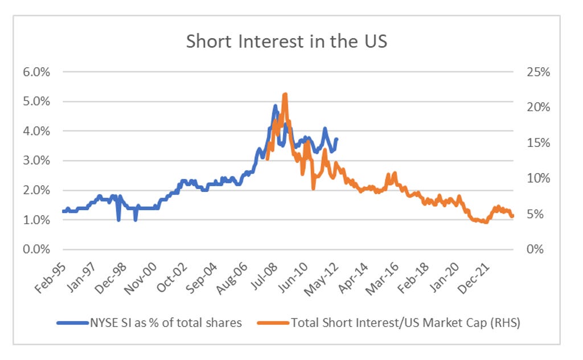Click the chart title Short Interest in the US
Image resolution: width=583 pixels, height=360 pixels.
(x=286, y=42)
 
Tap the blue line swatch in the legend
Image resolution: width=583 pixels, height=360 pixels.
(x=70, y=323)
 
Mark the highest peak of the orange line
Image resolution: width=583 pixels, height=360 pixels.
(x=285, y=94)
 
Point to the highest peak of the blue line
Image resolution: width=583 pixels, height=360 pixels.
(x=275, y=105)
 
